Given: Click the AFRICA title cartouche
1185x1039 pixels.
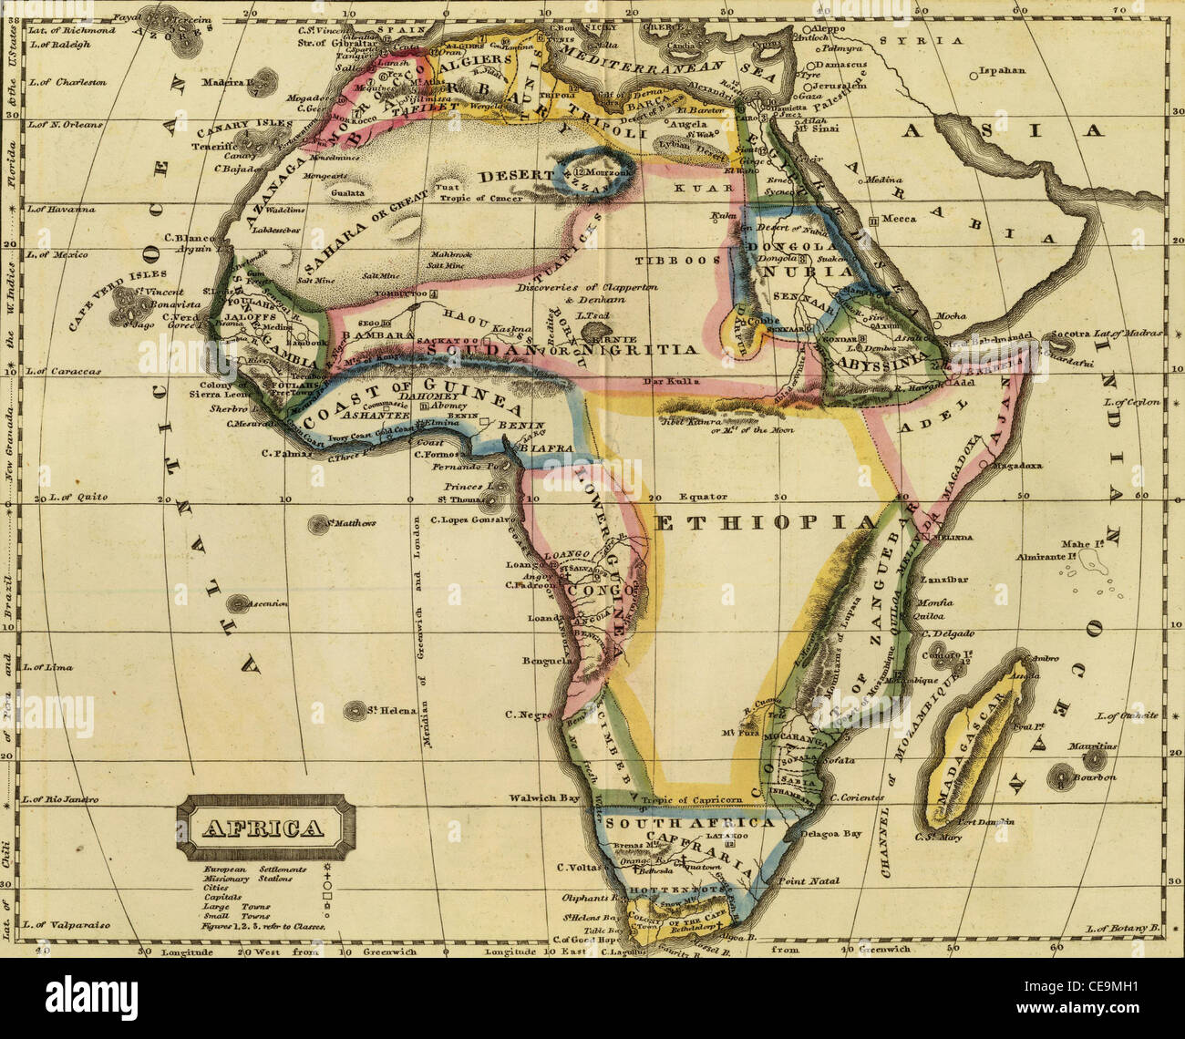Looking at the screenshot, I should pyautogui.click(x=263, y=828).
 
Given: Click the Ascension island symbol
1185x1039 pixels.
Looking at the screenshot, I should pyautogui.click(x=240, y=603).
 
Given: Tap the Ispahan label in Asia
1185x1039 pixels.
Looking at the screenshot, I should pyautogui.click(x=1003, y=70).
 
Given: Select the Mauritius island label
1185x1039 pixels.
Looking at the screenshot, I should pyautogui.click(x=1091, y=745).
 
